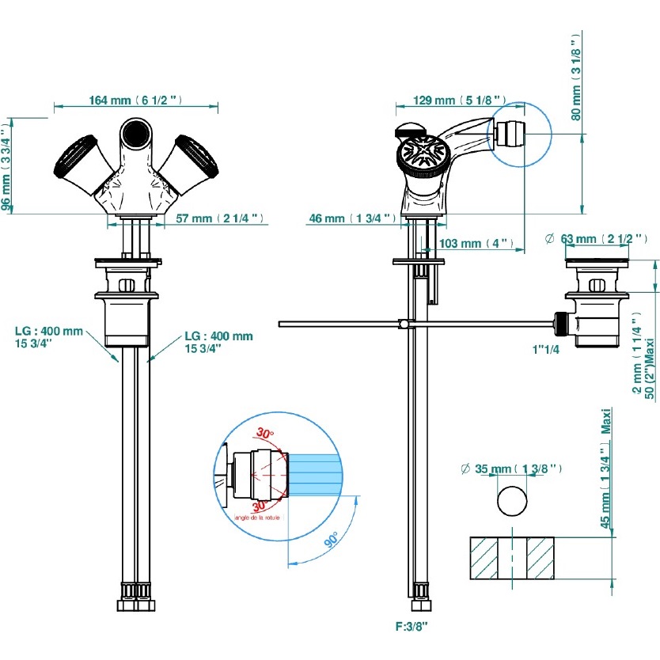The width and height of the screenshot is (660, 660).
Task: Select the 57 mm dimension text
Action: point(218,218)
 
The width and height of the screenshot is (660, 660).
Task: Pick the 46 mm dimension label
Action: point(350,218)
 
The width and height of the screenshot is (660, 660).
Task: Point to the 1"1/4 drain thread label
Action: point(546,348)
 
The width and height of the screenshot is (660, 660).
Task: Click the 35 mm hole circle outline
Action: point(512,500)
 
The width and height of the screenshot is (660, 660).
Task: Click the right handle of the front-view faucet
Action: point(189,157)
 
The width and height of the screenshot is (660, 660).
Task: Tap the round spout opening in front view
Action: point(135,131)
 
